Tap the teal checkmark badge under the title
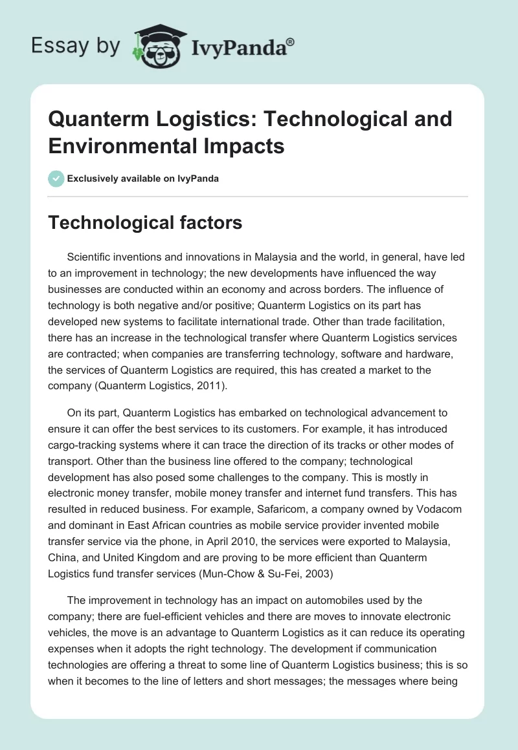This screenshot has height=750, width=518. click(x=56, y=178)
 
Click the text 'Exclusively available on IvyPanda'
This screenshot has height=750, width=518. click(x=144, y=178)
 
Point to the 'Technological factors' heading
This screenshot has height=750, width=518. click(x=146, y=223)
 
